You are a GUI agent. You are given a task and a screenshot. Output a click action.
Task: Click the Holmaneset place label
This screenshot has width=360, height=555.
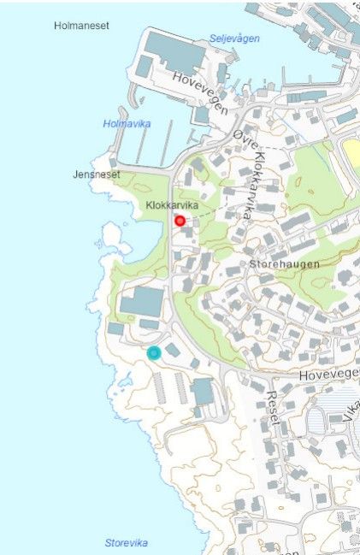pyautogui.click(x=82, y=27)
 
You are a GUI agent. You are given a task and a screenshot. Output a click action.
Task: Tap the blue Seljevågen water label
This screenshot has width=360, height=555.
pyautogui.click(x=234, y=38)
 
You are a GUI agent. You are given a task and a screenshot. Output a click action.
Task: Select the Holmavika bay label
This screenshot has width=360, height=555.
pyautogui.click(x=127, y=124)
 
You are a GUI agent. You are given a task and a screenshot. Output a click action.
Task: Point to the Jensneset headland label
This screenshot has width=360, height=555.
pyautogui.click(x=97, y=174)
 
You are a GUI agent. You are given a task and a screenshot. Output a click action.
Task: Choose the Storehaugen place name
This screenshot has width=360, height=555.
pyautogui.click(x=284, y=264)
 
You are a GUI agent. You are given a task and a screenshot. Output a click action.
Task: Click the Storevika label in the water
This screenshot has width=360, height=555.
pyautogui.click(x=127, y=543)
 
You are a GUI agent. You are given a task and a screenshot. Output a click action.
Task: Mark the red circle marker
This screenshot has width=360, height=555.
pyautogui.click(x=180, y=221)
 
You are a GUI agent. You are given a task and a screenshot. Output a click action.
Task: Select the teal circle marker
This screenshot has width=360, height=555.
pyautogui.click(x=154, y=352)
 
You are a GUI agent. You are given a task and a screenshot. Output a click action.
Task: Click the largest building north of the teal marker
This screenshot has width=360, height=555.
pyautogui.click(x=142, y=302)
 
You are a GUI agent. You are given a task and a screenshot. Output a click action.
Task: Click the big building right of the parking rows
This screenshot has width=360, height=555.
pyautogui.click(x=203, y=392)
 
